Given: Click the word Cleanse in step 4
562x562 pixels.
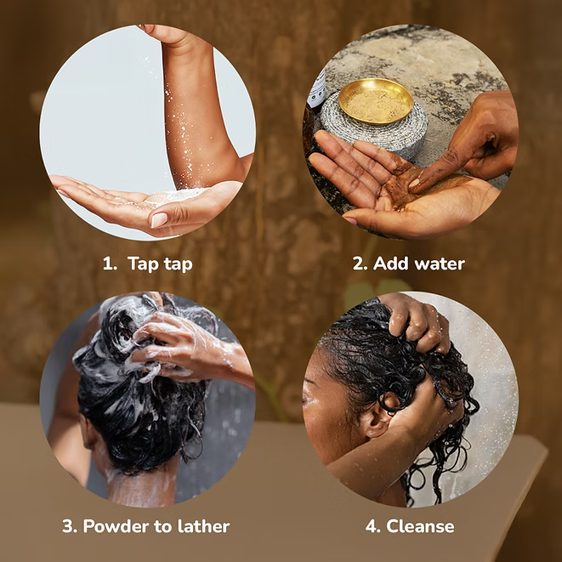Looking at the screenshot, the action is pyautogui.click(x=420, y=526).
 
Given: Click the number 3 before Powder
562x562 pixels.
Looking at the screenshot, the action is pyautogui.click(x=69, y=526).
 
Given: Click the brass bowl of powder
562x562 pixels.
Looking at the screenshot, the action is pyautogui.click(x=376, y=101).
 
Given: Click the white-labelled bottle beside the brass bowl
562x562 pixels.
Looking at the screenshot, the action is pyautogui.click(x=317, y=91).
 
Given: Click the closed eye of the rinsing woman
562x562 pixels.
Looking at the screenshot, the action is pyautogui.click(x=308, y=398).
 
